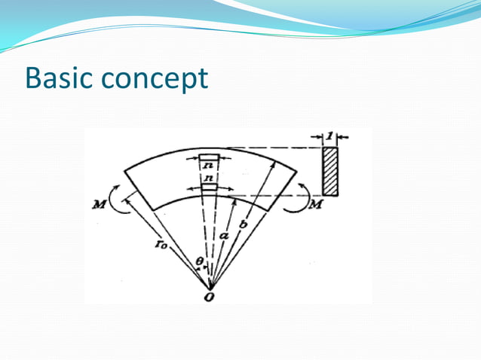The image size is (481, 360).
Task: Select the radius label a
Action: (224, 236)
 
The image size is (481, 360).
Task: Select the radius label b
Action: (241, 224)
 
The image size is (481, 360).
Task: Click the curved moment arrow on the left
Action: (114, 197)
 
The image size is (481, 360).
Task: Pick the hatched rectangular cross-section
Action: (330, 171)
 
